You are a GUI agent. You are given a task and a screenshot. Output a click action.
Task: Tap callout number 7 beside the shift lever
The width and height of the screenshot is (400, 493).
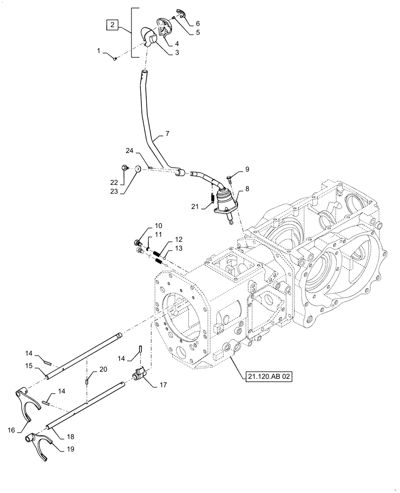167,134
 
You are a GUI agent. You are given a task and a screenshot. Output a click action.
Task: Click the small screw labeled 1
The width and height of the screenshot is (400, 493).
114,59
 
